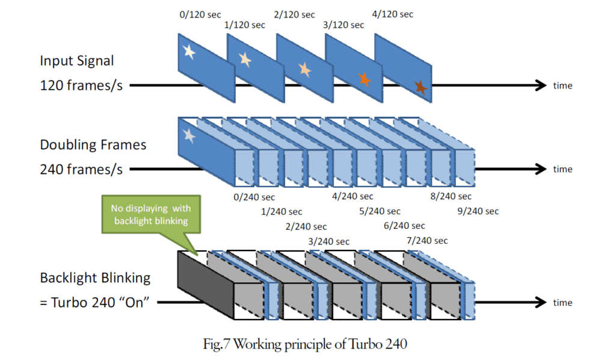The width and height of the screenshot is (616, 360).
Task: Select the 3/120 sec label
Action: click(344, 25)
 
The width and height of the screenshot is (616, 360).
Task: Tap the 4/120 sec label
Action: click(393, 14)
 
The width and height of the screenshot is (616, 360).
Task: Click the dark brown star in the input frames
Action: click(420, 88)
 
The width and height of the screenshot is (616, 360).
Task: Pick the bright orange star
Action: click(363, 78)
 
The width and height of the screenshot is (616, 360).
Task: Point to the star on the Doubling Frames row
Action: click(189, 135)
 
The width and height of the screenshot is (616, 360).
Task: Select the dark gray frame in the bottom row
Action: click(205, 285)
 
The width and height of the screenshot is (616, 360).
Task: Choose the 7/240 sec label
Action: click(428, 241)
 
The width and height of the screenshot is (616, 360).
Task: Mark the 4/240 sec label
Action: click(353, 196)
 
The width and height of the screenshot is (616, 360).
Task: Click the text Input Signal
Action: click(77, 61)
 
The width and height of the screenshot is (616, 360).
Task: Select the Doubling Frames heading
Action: click(93, 145)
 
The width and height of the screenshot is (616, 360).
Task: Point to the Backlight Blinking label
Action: click(94, 278)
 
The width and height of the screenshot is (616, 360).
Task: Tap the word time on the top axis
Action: click(562, 85)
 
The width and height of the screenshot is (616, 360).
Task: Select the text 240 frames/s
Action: click(81, 169)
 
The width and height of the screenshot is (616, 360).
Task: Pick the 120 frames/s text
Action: click(81, 85)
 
